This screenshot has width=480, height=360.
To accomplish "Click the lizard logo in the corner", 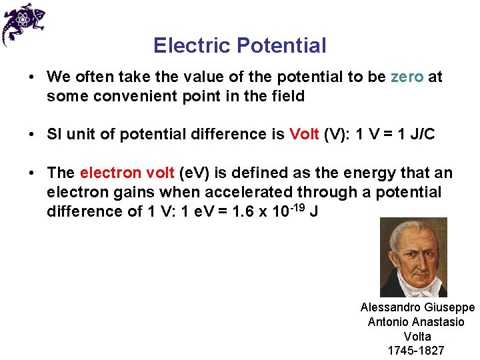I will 22,23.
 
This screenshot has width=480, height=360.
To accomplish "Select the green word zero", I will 407,77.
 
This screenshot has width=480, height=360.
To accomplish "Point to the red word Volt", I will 304,134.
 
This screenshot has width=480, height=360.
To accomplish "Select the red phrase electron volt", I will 127,173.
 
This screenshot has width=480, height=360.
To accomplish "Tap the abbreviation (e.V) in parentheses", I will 199,173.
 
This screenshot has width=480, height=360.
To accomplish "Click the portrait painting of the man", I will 413,257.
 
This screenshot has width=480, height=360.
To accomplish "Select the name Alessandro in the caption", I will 390,307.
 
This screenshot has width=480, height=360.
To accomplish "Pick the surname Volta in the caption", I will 417,337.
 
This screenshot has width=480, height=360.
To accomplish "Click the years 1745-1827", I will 415,351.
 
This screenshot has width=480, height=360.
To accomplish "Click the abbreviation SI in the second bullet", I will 53,134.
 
